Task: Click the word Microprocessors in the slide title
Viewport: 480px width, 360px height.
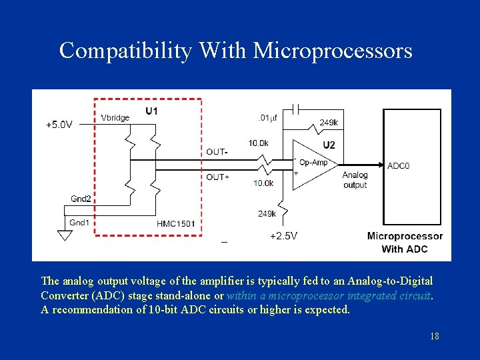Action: pos(333,51)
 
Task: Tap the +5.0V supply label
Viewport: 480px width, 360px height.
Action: pos(59,124)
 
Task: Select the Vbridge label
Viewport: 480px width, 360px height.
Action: pos(115,118)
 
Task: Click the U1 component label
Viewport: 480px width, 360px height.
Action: pos(151,111)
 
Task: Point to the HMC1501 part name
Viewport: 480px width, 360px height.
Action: pos(176,223)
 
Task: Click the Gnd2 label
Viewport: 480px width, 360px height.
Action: pos(81,199)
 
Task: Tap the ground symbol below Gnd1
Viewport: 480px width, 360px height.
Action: pos(65,235)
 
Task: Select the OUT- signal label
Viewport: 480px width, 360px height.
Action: pos(217,152)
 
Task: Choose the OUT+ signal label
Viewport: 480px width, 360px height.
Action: pos(218,177)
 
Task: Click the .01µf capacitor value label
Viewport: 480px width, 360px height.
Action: pos(267,118)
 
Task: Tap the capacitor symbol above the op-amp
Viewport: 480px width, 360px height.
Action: pos(298,108)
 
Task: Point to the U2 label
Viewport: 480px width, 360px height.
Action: pos(329,145)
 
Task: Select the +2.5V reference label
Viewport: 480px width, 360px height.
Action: pos(283,236)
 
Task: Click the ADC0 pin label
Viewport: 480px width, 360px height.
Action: pos(399,165)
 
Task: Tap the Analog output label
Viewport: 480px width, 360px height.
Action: pos(355,180)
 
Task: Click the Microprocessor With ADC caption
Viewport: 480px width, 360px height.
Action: pos(405,243)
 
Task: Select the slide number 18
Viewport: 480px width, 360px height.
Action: pos(435,336)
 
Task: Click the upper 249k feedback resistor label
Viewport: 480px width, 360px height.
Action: pos(328,122)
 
